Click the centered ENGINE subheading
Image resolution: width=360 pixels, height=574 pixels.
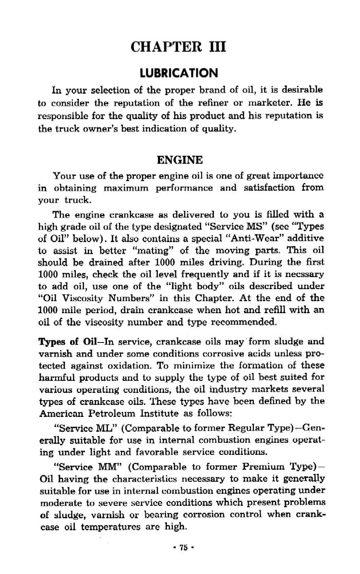click(x=180, y=159)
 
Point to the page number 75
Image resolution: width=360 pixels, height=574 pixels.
click(x=180, y=547)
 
